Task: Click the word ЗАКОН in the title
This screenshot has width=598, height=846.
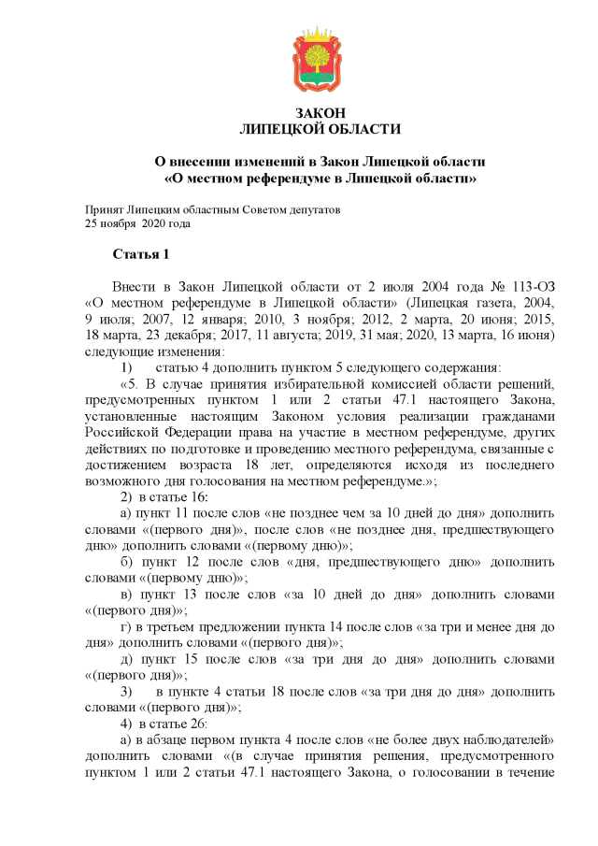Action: (x=320, y=114)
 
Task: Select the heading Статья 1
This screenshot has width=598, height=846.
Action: (x=140, y=254)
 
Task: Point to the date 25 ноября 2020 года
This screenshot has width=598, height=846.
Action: (x=137, y=223)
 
